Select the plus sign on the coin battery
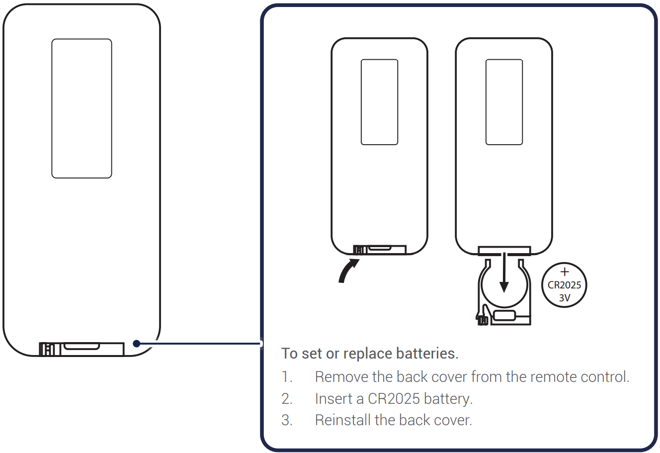pos(564,272)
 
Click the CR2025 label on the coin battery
pos(564,285)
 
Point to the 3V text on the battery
pos(564,298)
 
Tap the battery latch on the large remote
pos(82,349)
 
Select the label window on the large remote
pos(82,108)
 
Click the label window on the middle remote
pos(379,102)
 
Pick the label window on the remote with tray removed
pos(504,102)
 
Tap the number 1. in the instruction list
pos(287,377)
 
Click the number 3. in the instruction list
pos(287,420)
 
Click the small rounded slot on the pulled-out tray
pos(504,315)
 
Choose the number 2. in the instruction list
pos(287,399)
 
